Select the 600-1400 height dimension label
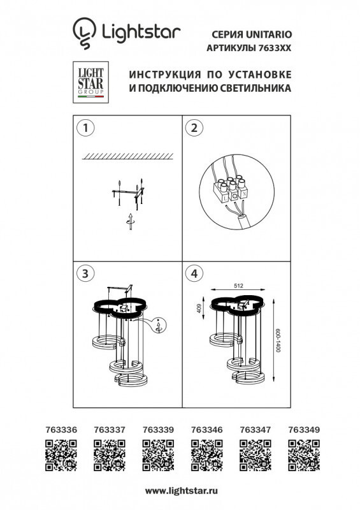pyautogui.click(x=278, y=341)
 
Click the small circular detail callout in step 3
pyautogui.click(x=159, y=325)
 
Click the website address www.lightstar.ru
pyautogui.click(x=182, y=491)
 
